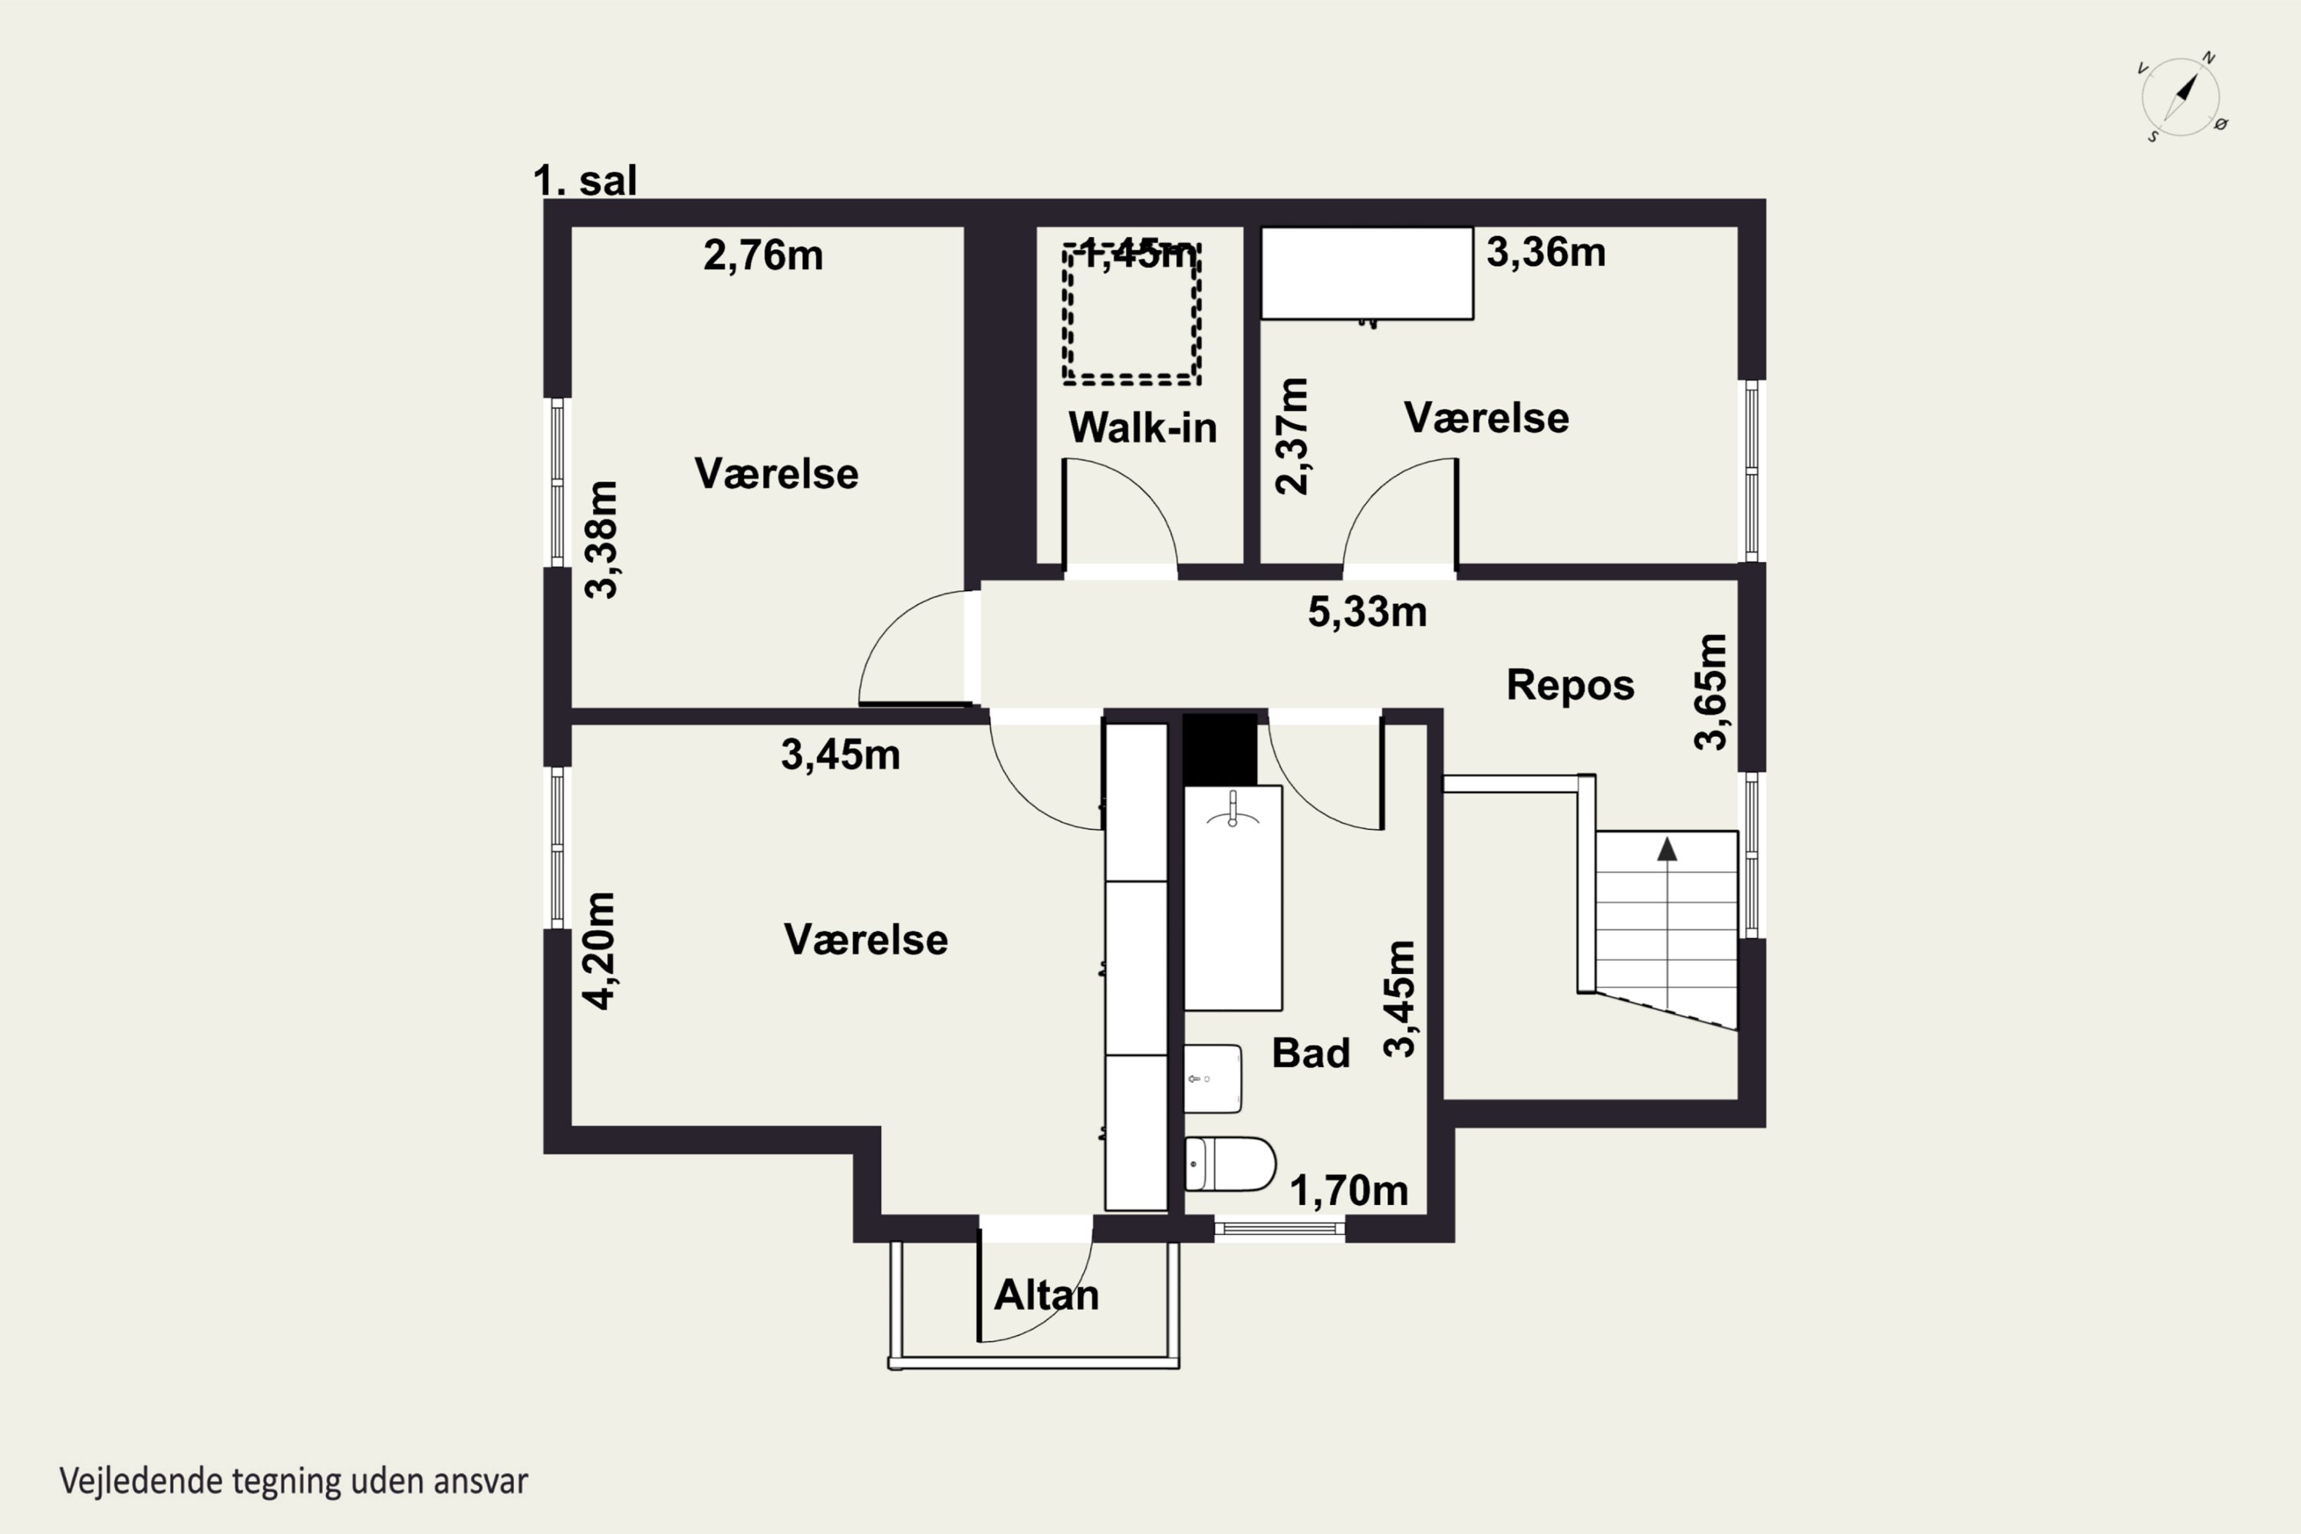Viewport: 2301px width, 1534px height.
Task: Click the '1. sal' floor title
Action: click(585, 180)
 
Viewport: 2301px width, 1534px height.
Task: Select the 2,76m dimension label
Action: click(763, 255)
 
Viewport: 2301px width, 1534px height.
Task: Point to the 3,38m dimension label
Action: click(601, 539)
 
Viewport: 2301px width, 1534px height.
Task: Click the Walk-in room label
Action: click(1142, 427)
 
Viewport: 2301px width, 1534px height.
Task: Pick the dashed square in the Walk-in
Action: click(1132, 314)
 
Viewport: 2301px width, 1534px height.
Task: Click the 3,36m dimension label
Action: click(1546, 252)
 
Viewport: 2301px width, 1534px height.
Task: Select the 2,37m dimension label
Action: click(1292, 436)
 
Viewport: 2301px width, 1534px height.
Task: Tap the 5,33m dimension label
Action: click(1367, 612)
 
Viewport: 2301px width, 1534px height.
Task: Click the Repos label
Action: click(1570, 685)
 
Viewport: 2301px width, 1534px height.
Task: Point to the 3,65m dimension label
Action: click(1711, 692)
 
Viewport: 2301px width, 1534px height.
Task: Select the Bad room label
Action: click(1311, 1052)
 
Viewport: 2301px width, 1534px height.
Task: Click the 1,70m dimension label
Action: click(1349, 1190)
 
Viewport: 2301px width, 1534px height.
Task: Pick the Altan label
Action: click(1046, 1295)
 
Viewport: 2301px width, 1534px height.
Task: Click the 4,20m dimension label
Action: click(599, 950)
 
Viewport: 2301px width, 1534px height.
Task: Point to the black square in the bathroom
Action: click(1220, 749)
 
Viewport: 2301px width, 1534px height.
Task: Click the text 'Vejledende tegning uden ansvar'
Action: click(294, 1481)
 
